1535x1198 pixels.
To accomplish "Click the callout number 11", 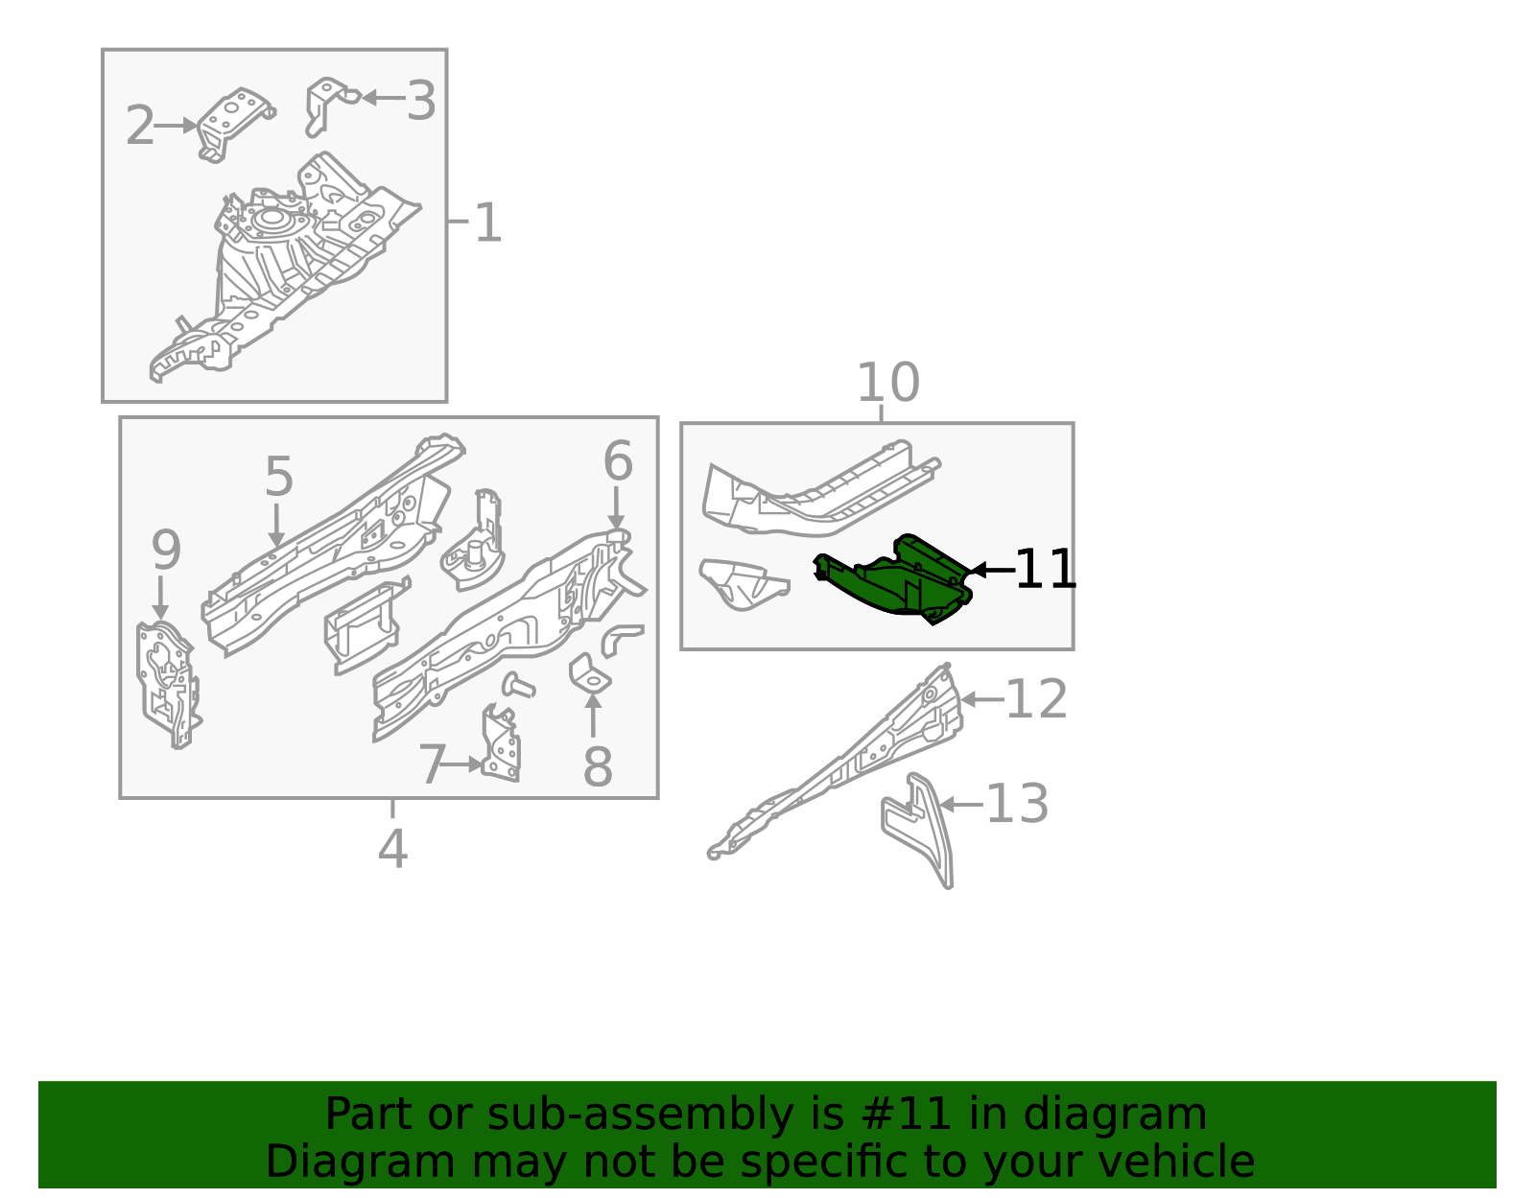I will click(x=1046, y=570).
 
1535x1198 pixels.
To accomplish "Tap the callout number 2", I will click(x=140, y=126).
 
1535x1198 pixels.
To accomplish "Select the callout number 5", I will click(x=278, y=477).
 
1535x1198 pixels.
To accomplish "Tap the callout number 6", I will click(x=617, y=461).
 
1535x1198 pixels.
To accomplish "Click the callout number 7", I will click(x=432, y=764).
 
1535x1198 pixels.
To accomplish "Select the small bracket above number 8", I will click(x=590, y=673).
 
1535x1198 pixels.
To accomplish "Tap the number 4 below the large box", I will click(x=392, y=848).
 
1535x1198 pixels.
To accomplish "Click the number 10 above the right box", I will click(x=887, y=383).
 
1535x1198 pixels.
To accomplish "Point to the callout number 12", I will click(x=1037, y=699).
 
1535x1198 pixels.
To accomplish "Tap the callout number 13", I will click(x=1017, y=804).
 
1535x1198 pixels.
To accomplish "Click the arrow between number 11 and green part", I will click(x=991, y=570).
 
